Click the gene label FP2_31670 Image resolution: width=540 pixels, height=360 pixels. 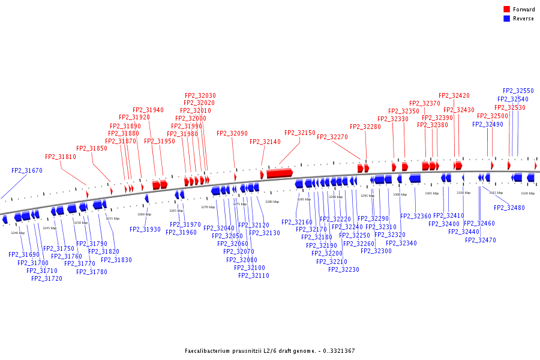[x=27, y=171]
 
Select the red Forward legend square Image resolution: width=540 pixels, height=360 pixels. [x=506, y=10]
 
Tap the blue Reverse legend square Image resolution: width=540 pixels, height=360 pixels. [x=506, y=19]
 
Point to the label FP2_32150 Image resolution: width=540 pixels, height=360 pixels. [x=300, y=133]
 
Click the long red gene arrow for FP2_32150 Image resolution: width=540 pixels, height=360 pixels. [x=280, y=173]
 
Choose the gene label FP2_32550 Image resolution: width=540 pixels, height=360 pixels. [x=518, y=91]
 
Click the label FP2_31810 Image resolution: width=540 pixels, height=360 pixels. [x=61, y=157]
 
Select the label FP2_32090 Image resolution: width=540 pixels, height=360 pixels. [x=232, y=134]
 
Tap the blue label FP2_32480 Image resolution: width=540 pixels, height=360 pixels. [x=509, y=208]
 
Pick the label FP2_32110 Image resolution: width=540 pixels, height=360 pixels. [x=254, y=276]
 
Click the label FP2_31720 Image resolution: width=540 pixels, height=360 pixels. [x=47, y=278]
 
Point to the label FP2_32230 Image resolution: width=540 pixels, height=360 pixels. [x=344, y=270]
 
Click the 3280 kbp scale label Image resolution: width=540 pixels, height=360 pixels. [x=272, y=202]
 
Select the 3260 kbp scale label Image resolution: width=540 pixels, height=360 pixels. [x=144, y=214]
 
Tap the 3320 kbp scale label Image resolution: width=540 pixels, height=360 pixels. [x=527, y=193]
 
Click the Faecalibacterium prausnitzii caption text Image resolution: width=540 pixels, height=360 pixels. [x=269, y=350]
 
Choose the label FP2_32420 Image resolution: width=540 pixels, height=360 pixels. [x=454, y=96]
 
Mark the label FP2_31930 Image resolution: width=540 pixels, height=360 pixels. [x=145, y=229]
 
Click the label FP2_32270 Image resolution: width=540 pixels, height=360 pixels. [x=332, y=137]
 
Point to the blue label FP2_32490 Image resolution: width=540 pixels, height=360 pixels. [x=488, y=125]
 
